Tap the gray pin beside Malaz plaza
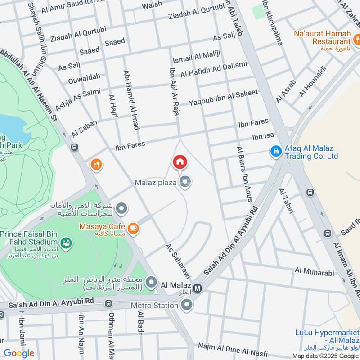click(x=184, y=182)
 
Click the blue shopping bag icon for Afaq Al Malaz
click(x=275, y=152)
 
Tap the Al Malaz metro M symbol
click(x=198, y=287)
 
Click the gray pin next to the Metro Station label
click(x=187, y=306)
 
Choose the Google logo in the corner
click(x=19, y=353)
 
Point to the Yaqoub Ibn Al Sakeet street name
click(x=223, y=97)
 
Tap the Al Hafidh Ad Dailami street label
click(x=214, y=70)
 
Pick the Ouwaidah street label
click(x=84, y=77)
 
